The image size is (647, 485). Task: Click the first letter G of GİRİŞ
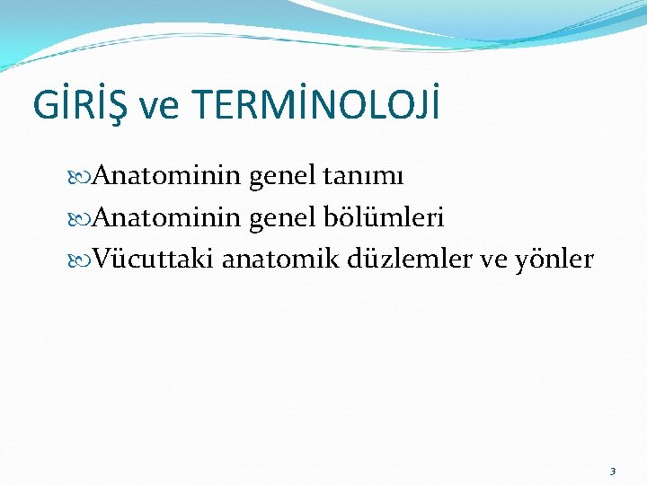[x=45, y=106]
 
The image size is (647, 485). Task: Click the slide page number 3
[x=612, y=471]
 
